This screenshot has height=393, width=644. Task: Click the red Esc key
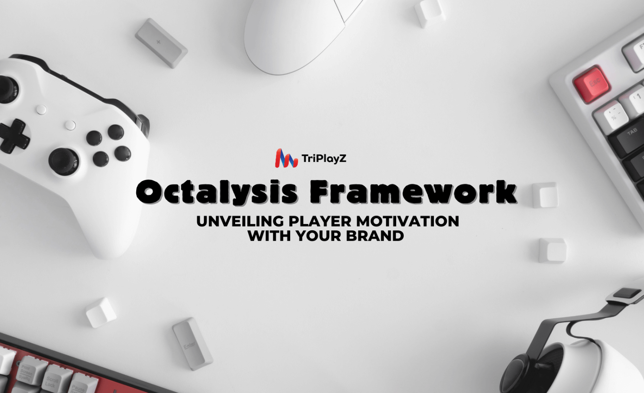click(x=592, y=83)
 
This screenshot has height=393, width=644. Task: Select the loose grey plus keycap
click(x=161, y=43)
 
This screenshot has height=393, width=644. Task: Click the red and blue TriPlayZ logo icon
click(x=286, y=159)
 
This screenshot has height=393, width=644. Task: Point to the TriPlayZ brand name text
click(x=324, y=159)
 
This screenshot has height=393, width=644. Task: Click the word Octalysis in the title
click(x=217, y=192)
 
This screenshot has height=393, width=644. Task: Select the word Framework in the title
click(x=413, y=192)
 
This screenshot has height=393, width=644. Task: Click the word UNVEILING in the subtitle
click(x=240, y=221)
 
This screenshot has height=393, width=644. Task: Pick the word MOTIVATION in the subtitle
click(x=408, y=221)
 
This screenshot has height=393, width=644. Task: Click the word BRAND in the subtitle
click(x=375, y=236)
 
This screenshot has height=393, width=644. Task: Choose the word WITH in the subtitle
click(x=269, y=236)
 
